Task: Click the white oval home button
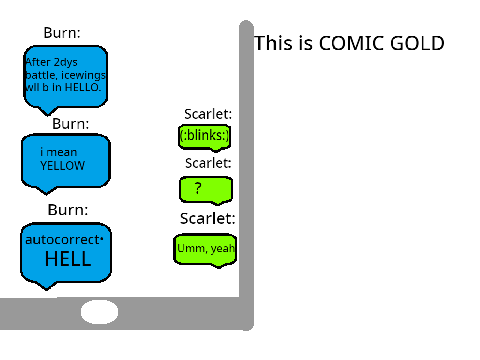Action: (99, 312)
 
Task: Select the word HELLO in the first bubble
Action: (83, 87)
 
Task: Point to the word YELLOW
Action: (62, 166)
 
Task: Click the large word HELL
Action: (68, 259)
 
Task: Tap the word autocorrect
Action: (62, 240)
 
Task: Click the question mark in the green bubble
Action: (198, 188)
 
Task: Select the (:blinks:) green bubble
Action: (205, 137)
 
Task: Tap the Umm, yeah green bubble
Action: (205, 250)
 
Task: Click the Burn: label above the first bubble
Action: (62, 33)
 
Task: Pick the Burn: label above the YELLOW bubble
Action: (71, 124)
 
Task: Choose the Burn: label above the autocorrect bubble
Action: (68, 210)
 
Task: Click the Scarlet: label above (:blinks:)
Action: (208, 114)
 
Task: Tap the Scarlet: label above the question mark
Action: (208, 163)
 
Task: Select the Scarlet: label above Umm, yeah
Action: (208, 218)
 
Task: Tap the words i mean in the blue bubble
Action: (59, 152)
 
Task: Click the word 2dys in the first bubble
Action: (66, 62)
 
